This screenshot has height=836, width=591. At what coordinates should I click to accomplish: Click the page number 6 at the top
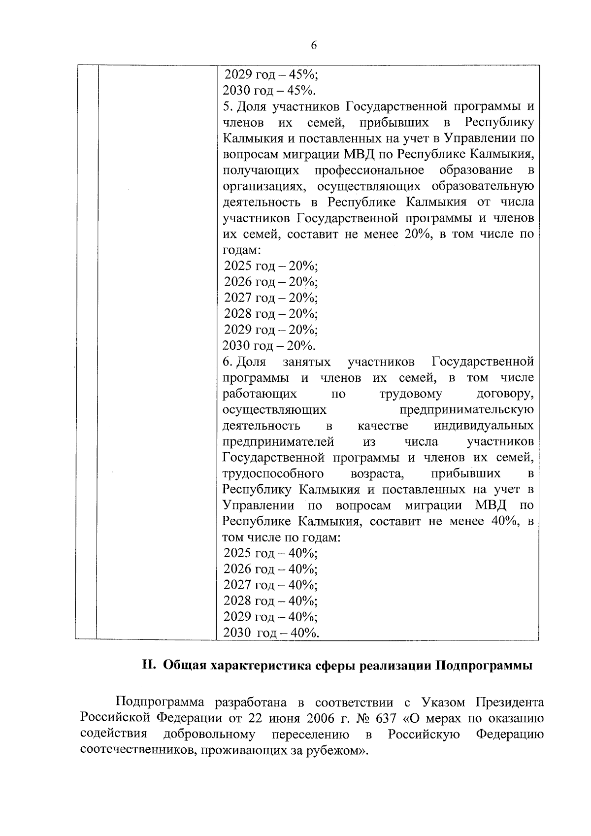point(314,45)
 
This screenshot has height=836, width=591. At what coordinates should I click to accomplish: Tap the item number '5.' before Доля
point(227,106)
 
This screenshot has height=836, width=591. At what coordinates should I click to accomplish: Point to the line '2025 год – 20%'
point(271,266)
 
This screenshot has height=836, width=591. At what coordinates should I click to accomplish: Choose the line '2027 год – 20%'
point(271,298)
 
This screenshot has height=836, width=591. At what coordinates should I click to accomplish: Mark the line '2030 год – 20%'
point(269,345)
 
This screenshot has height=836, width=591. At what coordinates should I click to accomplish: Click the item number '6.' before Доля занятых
point(227,362)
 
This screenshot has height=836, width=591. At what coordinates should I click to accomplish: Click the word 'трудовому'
point(411,394)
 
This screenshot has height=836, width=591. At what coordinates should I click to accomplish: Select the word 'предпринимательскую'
point(466,410)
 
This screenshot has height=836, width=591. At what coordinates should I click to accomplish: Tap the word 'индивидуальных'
point(484,426)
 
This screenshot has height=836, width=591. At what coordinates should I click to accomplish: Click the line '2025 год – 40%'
point(270,553)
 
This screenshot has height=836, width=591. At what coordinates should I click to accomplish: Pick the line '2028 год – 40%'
point(270,601)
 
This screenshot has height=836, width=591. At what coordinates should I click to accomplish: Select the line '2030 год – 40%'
point(271,633)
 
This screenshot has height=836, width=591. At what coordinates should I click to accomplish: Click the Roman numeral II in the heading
point(149,665)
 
